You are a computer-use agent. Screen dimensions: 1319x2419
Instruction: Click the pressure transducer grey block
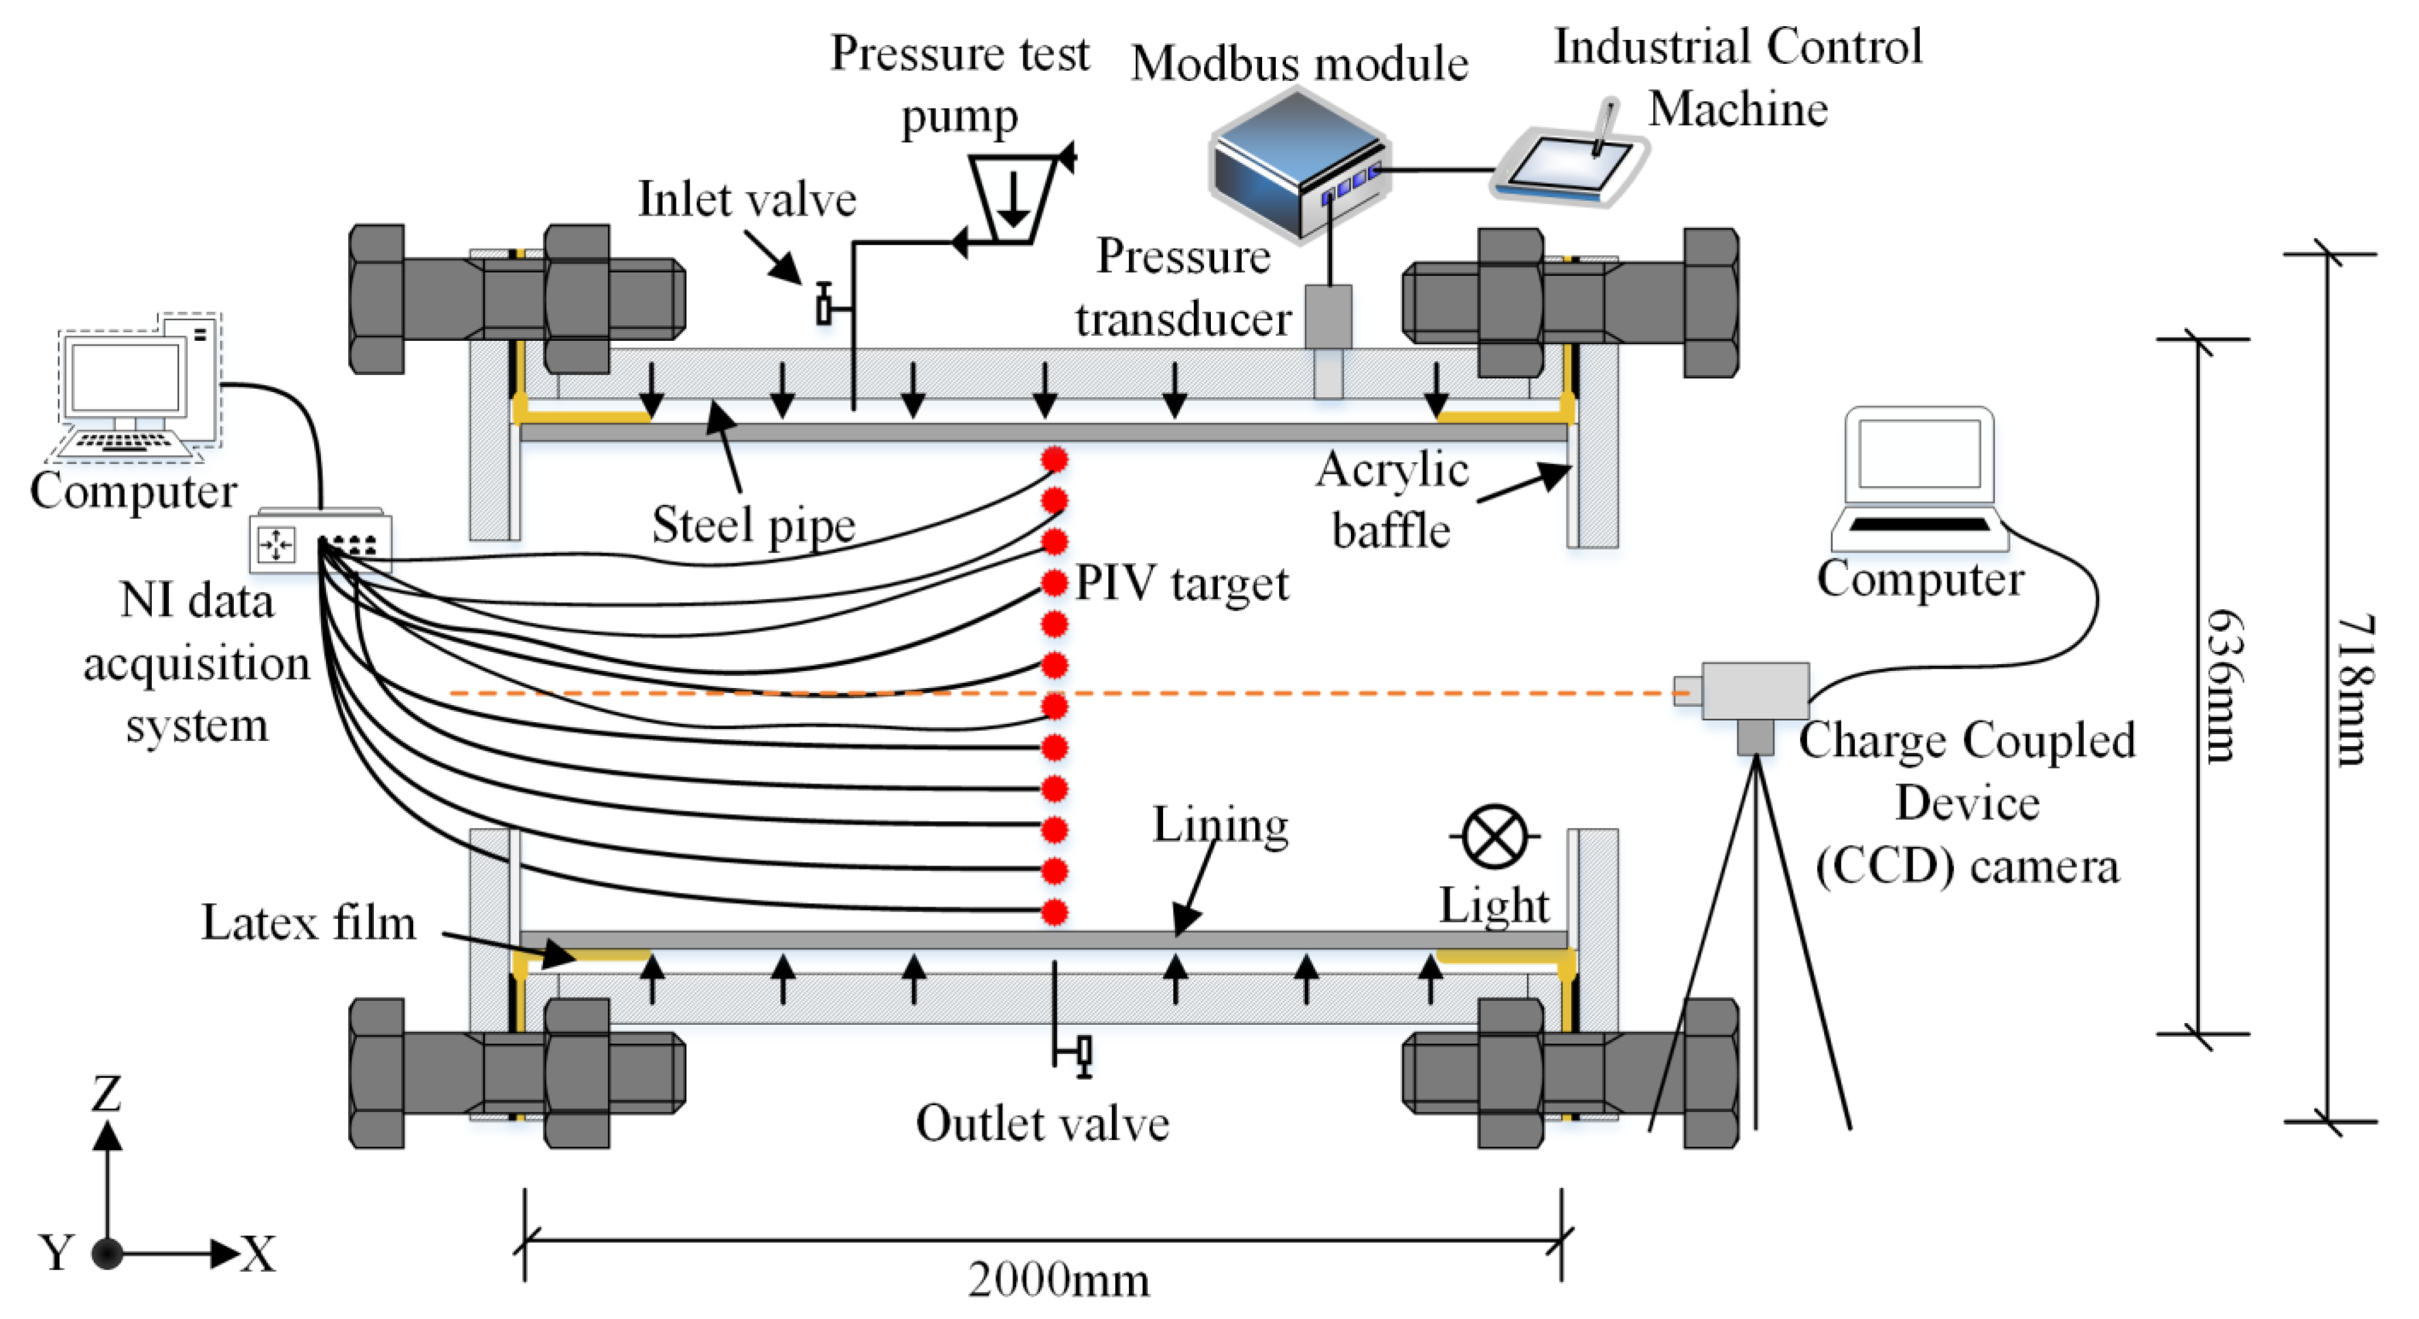point(1328,316)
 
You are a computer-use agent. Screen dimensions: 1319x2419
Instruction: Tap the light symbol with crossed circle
point(1493,835)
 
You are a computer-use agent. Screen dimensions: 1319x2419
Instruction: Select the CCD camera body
point(1754,692)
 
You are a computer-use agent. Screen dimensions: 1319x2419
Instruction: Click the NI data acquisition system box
point(320,542)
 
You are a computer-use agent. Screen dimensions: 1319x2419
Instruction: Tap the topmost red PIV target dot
point(1054,459)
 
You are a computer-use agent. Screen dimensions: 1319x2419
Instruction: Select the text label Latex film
point(308,923)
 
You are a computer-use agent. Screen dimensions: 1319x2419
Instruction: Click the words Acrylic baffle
point(1392,500)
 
